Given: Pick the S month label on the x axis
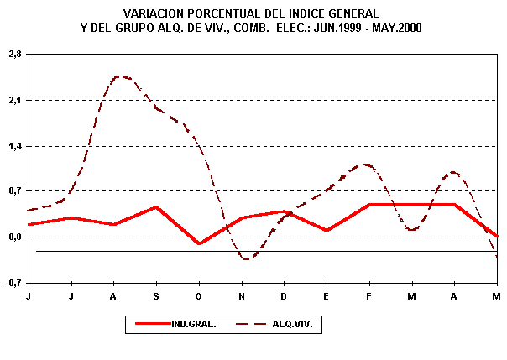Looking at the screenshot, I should point(157,296).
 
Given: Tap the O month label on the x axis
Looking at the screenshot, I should point(199,296).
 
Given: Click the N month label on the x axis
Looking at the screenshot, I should point(242,296).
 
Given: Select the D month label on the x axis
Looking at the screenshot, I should point(285,296).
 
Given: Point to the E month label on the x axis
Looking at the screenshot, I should point(327,296).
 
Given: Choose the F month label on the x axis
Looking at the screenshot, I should point(369,296).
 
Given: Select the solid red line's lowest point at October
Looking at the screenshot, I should point(199,244).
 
